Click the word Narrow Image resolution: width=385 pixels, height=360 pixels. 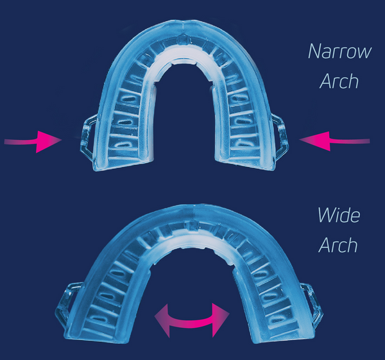340,51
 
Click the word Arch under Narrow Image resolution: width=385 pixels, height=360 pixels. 339,81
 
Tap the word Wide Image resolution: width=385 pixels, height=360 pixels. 339,215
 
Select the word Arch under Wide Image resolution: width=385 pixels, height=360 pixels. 338,245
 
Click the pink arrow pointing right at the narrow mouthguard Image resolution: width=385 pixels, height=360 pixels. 33,142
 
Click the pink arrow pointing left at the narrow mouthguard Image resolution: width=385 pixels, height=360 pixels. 334,141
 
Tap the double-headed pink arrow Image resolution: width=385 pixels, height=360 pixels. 192,320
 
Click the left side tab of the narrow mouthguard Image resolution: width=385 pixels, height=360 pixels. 87,137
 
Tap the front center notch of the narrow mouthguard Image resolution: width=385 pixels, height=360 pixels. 183,39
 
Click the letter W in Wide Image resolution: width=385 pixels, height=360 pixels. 326,216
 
